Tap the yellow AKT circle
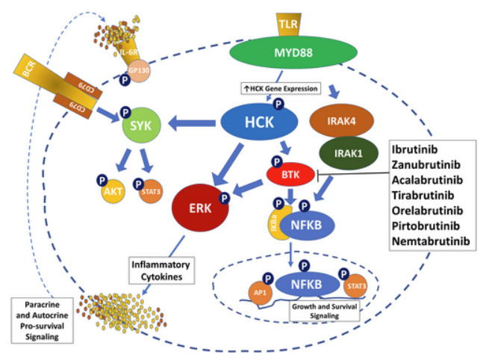tap(113, 190)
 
